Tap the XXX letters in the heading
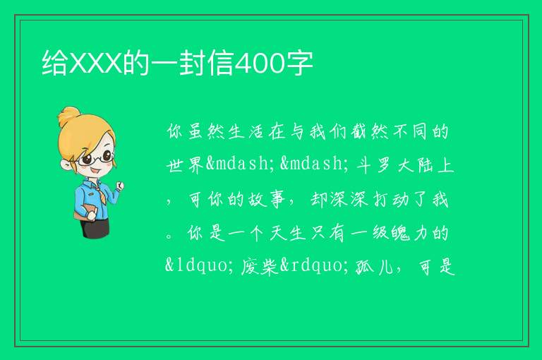[x=95, y=64]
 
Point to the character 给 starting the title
[x=55, y=63]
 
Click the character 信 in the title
[x=221, y=63]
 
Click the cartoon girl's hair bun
[x=68, y=115]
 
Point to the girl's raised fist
[x=119, y=186]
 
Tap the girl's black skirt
[x=95, y=228]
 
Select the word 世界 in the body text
[x=186, y=165]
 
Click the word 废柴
[x=260, y=267]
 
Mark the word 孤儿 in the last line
[x=375, y=267]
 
